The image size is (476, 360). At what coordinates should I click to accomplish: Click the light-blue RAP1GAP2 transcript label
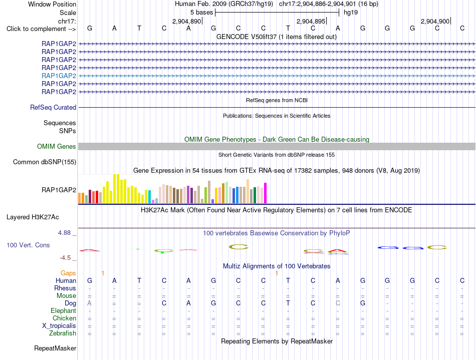coord(59,76)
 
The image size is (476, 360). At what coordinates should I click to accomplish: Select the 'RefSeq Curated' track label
coord(53,107)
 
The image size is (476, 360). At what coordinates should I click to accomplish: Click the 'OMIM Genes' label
coord(57,147)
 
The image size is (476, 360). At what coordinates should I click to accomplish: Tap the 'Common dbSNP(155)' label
coord(45,162)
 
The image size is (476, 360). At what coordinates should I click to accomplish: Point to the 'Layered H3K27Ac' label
coord(33,217)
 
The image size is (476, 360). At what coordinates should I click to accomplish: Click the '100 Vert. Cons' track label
coord(28,245)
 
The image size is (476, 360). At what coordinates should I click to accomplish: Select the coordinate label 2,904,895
coord(311,21)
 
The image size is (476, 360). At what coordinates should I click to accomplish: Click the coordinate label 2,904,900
coord(435,21)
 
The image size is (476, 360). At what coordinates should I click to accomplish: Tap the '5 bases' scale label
coord(202,13)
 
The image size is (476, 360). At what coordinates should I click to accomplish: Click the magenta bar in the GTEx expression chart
coord(266,193)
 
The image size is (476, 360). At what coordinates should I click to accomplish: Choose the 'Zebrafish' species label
coord(63,333)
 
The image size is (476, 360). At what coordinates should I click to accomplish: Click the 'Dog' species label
coord(71,303)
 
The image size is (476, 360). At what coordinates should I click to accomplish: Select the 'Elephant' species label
coord(64,311)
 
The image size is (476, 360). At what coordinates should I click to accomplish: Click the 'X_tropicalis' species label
coord(59,326)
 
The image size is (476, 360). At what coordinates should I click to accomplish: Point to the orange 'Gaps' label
coord(68,273)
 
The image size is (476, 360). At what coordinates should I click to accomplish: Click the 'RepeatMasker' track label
coord(55,348)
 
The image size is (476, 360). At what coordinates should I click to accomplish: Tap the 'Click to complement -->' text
coord(41,29)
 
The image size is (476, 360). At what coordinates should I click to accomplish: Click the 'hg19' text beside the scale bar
coord(351,13)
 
